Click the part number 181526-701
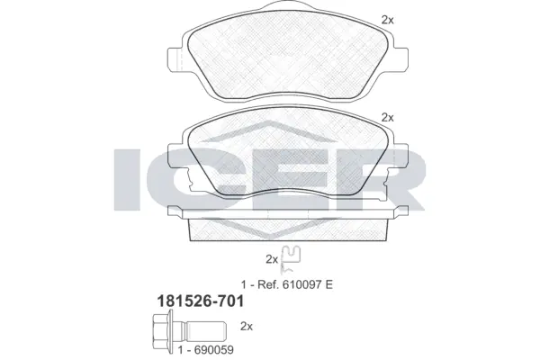pos(201,311)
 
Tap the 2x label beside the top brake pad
pos(388,19)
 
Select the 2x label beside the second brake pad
pos(388,117)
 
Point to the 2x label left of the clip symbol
pos(271,258)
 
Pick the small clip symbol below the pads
pos(290,258)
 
